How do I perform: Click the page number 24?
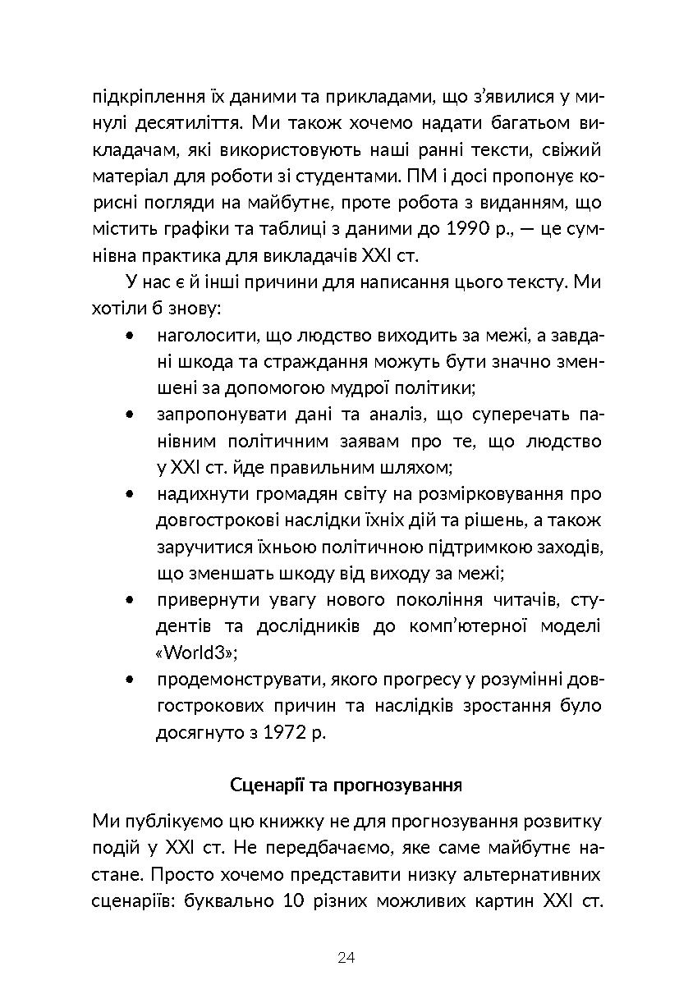coord(346,957)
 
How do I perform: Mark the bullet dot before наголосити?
coord(131,336)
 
